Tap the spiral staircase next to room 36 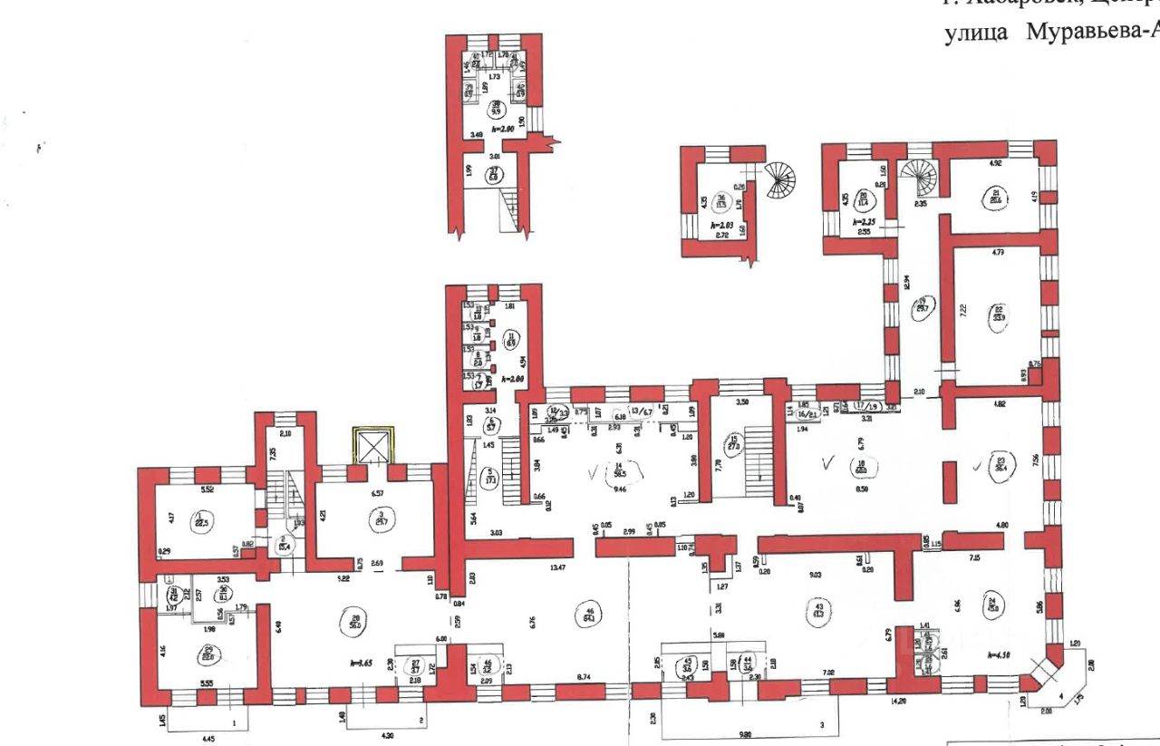[778, 181]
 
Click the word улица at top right [975, 33]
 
